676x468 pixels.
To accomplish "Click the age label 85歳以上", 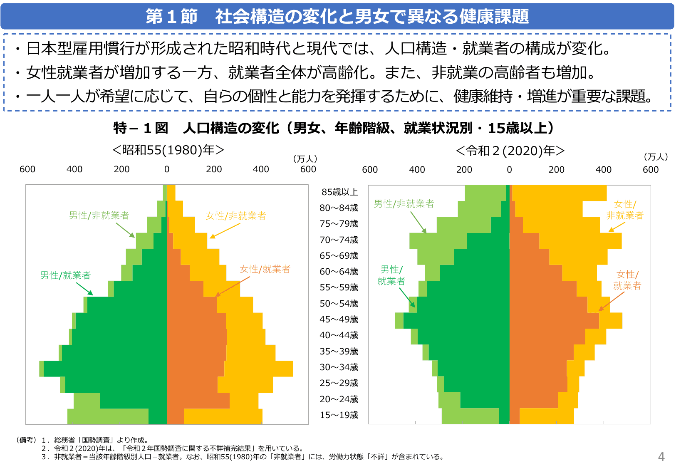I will tap(339, 192).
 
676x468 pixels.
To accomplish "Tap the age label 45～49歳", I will tap(339, 319).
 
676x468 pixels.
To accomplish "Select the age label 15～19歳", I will tap(339, 415).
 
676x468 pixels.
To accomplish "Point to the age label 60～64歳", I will tap(339, 271).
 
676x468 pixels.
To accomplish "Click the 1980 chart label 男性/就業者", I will tap(65, 275).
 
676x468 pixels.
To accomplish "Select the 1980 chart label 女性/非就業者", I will tap(236, 215).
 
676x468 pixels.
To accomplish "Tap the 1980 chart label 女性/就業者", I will tap(265, 269).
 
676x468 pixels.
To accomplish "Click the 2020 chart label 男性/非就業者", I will tap(404, 203).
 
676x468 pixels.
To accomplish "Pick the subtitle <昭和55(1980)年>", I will tap(168, 150).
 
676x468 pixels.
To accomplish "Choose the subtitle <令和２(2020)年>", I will tap(510, 151).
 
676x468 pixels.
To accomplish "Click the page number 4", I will tap(661, 457).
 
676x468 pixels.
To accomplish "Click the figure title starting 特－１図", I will tap(334, 128).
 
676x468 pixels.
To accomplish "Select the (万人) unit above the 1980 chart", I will tap(305, 158).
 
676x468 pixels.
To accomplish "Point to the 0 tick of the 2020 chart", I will tap(509, 169).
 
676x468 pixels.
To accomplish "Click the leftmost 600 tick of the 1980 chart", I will tap(27, 169).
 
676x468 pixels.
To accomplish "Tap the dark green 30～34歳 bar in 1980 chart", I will tap(104, 369).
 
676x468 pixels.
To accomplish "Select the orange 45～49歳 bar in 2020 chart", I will tap(553, 320).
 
